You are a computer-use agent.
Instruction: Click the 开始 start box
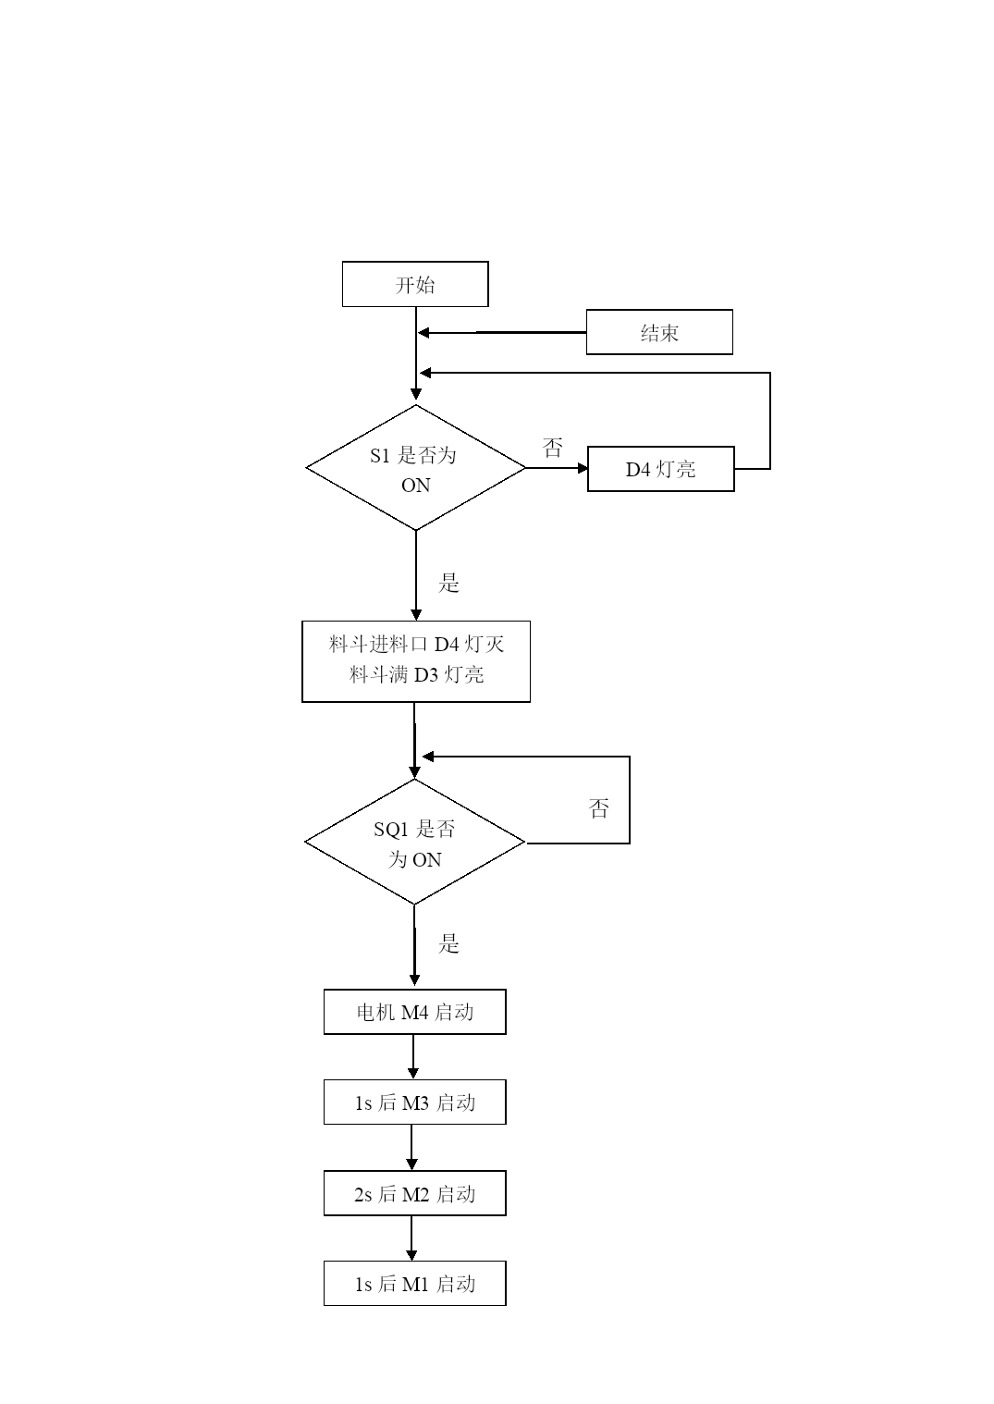(415, 284)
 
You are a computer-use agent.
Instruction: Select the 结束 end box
(659, 332)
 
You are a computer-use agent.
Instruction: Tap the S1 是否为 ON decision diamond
(415, 468)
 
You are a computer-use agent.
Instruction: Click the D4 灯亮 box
(660, 469)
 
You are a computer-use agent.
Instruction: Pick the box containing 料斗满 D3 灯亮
(416, 661)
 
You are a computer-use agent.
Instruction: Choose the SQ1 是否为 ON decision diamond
(414, 842)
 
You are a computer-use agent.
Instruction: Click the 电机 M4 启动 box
(415, 1012)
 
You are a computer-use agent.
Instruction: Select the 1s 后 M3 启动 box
(415, 1102)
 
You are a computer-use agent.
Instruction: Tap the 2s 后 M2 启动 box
(415, 1193)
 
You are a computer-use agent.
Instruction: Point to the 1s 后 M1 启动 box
(415, 1284)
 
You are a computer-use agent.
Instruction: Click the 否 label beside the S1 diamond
(552, 448)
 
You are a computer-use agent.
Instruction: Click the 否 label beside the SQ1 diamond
(598, 808)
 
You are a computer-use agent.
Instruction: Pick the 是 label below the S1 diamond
(448, 583)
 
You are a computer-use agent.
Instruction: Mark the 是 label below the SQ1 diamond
(448, 943)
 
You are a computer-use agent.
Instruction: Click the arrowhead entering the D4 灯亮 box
(583, 468)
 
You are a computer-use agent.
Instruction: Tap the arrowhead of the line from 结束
(423, 333)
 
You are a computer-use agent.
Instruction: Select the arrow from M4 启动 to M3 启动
(413, 1057)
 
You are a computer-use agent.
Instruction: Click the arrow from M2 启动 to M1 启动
(411, 1238)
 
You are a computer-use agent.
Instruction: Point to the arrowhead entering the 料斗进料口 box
(415, 615)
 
